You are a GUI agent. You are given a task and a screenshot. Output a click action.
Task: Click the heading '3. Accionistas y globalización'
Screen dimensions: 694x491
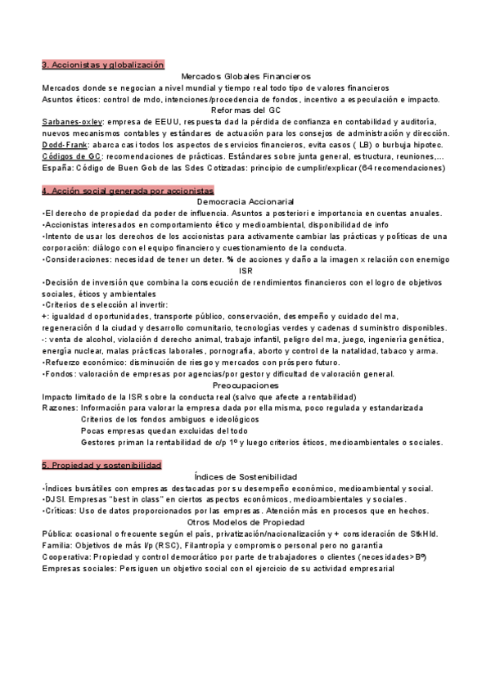[103, 64]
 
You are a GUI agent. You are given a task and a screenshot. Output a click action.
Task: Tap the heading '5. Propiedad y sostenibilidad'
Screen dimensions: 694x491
[101, 465]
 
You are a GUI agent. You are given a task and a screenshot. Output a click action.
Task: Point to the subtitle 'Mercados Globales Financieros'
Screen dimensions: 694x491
[245, 75]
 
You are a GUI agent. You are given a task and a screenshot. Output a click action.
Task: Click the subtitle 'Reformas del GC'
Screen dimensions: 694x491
[245, 110]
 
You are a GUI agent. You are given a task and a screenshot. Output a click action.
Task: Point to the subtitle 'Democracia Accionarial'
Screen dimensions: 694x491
[245, 201]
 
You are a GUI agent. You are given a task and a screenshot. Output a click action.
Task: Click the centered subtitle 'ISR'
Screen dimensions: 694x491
[245, 270]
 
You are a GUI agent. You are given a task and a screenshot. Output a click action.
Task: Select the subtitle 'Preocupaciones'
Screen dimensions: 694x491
[245, 385]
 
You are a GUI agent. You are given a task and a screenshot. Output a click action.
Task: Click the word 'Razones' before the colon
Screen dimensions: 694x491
[60, 408]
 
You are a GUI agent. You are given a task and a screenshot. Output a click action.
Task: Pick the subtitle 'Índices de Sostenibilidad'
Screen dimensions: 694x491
[245, 476]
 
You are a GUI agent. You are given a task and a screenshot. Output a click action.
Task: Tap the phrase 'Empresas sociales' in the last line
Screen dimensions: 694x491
[79, 568]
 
